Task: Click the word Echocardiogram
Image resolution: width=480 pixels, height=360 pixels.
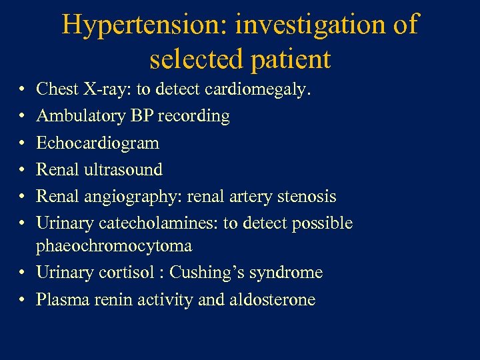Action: click(97, 143)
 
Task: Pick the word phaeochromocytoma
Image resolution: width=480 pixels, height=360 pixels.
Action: click(114, 246)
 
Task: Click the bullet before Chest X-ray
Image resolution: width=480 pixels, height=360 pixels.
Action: click(23, 89)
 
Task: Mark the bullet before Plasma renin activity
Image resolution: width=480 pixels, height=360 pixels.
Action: click(23, 300)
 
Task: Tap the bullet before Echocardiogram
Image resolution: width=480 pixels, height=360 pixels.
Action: click(23, 143)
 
